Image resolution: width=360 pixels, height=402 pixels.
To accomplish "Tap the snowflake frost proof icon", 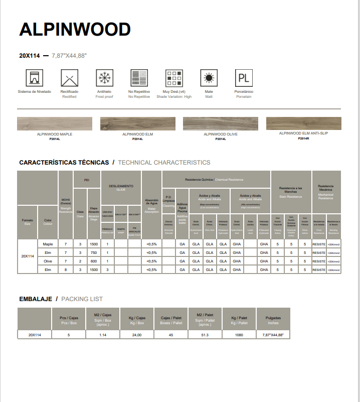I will click(x=105, y=79).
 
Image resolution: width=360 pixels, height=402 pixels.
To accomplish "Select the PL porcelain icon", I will click(x=243, y=79).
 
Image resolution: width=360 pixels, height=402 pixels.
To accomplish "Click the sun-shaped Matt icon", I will click(x=209, y=79).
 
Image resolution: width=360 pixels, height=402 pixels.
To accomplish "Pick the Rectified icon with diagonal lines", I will click(x=69, y=79).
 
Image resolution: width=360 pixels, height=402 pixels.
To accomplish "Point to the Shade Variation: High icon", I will click(x=174, y=79).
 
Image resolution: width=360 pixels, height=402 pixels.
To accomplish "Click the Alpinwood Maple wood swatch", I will click(x=55, y=123).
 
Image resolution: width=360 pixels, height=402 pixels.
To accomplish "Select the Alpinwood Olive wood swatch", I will click(x=220, y=123).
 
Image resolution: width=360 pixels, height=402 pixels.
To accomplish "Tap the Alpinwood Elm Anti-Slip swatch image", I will click(x=303, y=123).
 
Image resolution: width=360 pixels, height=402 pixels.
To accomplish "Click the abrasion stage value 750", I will click(x=94, y=252).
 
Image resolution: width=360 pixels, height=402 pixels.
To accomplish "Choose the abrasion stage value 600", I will click(x=94, y=261).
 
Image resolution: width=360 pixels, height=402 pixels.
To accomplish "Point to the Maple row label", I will click(x=48, y=244).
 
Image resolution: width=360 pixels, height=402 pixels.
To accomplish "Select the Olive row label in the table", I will click(x=48, y=261).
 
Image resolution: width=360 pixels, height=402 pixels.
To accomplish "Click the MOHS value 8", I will click(x=66, y=270).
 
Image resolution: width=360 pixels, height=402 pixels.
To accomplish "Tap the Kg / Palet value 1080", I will click(x=239, y=334).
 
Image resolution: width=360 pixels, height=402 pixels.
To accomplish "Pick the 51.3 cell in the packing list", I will click(x=205, y=334).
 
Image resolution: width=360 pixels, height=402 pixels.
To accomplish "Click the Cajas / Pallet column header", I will click(x=171, y=320).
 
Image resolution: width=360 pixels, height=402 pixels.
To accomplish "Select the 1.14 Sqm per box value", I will click(x=103, y=334).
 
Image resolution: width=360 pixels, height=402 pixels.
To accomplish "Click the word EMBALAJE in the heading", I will click(x=36, y=299).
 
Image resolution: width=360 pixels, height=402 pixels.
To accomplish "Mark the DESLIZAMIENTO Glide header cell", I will click(x=121, y=187).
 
